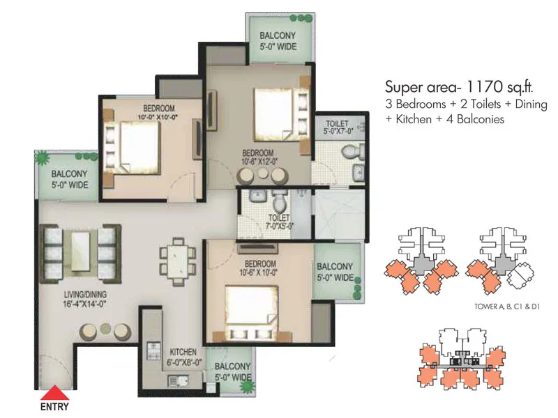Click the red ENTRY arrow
[54, 393]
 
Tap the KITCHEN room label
[183, 352]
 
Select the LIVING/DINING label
[85, 294]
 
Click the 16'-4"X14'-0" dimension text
[85, 304]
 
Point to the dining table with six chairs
[178, 262]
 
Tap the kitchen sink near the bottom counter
[179, 381]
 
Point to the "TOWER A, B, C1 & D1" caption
[507, 307]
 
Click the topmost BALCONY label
[278, 36]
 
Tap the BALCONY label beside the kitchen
[232, 366]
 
